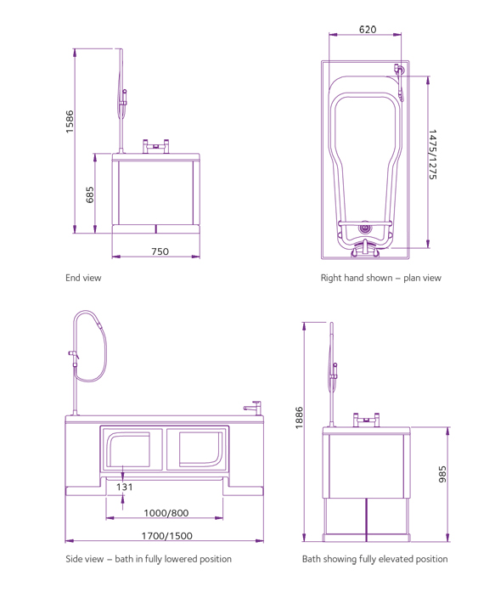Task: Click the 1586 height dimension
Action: coord(70,121)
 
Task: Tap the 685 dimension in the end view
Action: coord(90,195)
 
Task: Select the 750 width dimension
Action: coord(160,251)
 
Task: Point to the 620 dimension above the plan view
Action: coord(368,30)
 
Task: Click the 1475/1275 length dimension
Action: coord(432,155)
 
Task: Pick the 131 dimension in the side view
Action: coord(124,487)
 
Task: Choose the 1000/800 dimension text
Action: coord(166,513)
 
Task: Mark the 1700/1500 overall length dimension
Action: coord(166,536)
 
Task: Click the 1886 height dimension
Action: coord(299,418)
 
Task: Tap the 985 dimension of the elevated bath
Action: coord(442,474)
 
